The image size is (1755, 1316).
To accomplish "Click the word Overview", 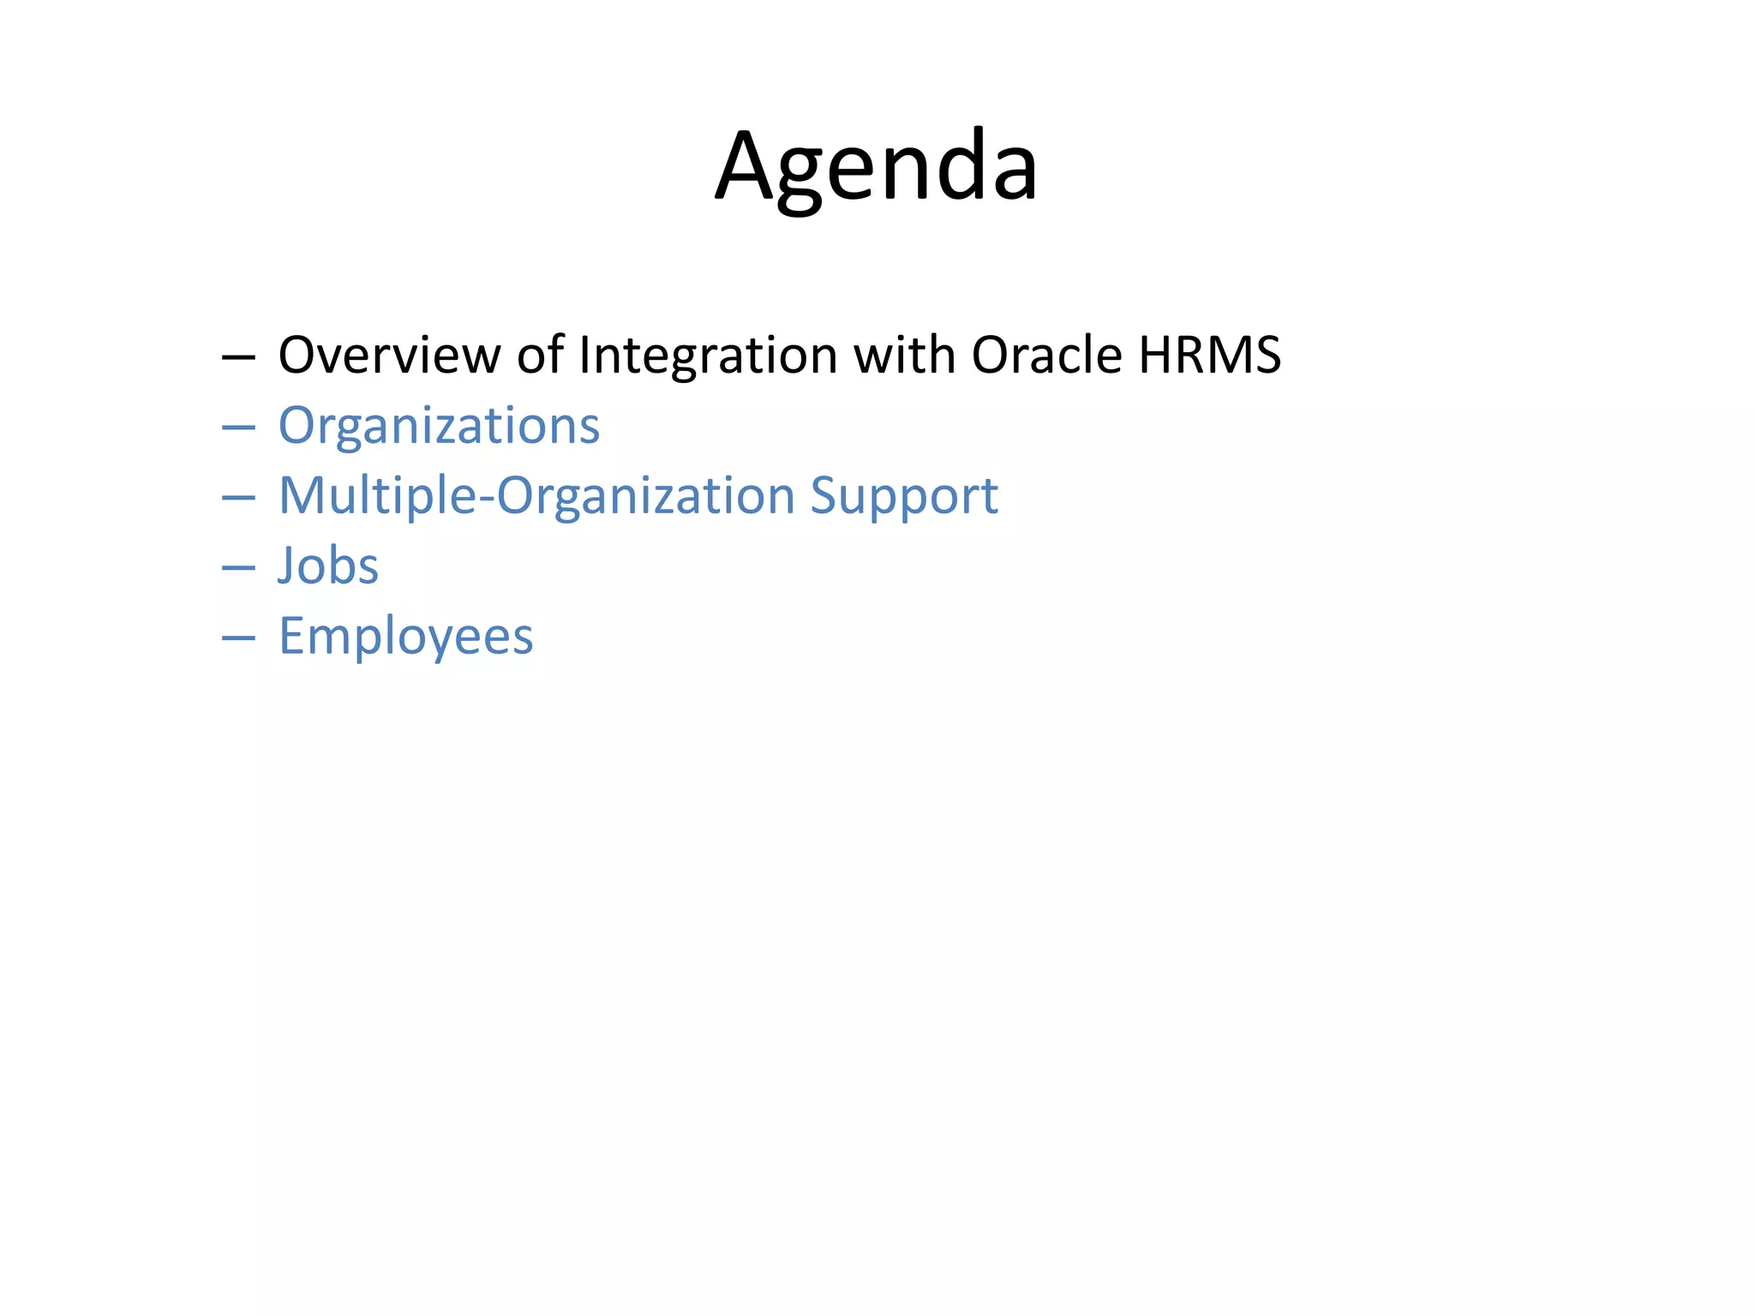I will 389,355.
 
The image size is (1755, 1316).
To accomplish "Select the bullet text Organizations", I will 439,426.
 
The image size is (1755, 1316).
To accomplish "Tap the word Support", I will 904,496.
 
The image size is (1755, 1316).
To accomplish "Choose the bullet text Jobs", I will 328,566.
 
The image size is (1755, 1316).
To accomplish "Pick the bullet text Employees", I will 406,637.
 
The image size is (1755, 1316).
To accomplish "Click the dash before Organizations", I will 238,427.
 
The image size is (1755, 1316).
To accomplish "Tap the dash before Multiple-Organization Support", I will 238,497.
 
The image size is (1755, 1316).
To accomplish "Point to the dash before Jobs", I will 238,567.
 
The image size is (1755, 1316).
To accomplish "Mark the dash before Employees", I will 238,637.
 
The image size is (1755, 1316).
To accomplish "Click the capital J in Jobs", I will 287,566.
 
